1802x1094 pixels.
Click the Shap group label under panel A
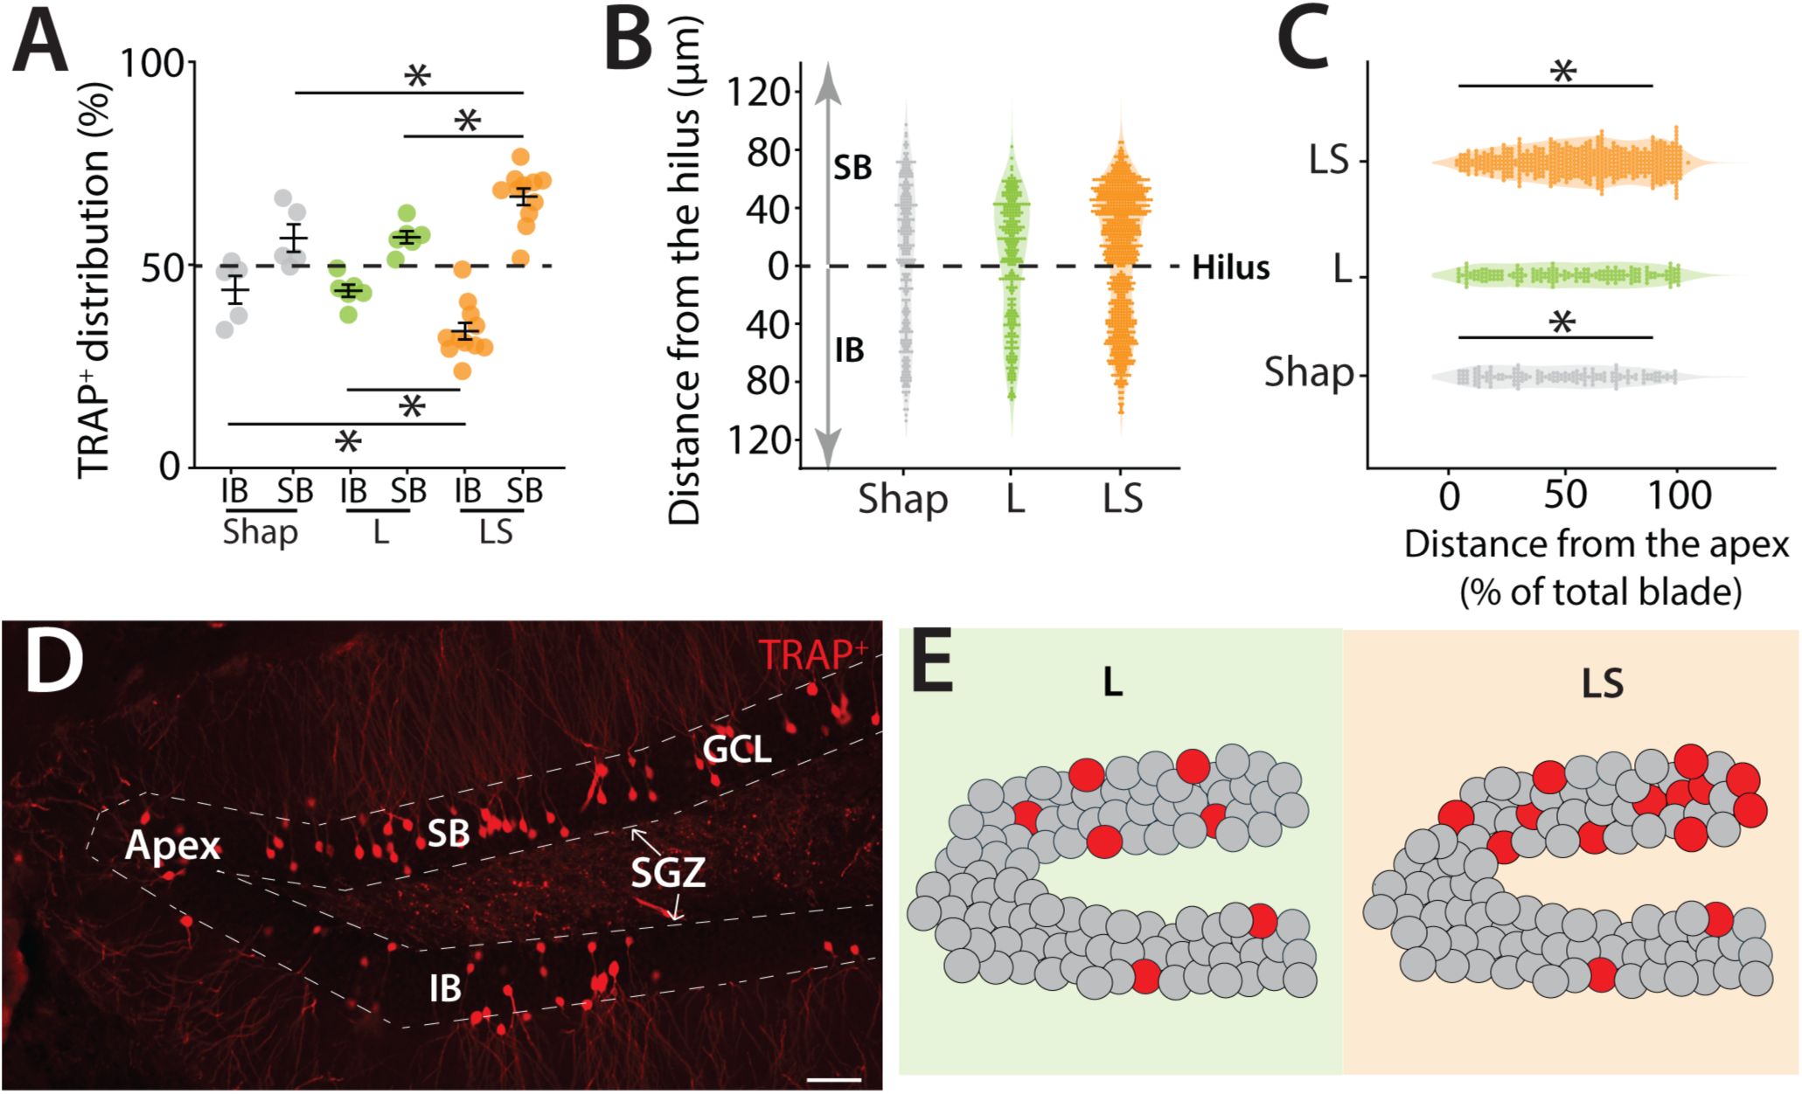point(260,532)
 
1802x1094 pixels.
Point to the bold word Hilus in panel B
point(1230,267)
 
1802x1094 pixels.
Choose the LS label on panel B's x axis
point(1122,499)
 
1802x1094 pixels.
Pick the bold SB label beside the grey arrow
point(852,168)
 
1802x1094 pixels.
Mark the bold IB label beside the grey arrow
point(849,351)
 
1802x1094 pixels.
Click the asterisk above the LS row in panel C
point(1562,73)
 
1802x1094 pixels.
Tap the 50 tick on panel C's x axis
point(1565,495)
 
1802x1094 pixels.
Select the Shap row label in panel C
point(1309,374)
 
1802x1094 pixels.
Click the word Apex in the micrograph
point(172,847)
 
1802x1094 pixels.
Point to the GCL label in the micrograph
point(737,749)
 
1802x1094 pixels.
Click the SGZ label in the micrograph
point(668,871)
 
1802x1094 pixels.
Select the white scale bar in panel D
point(833,1080)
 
